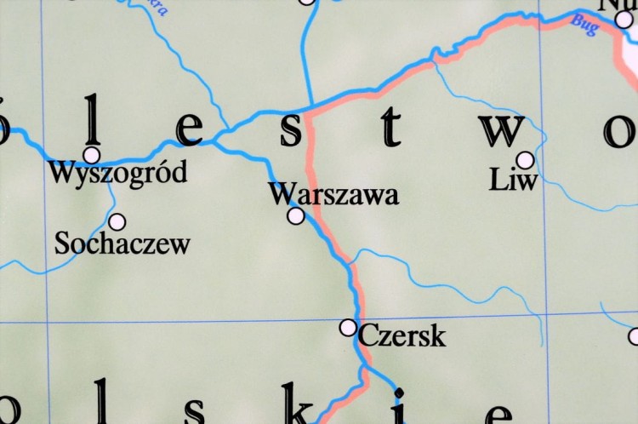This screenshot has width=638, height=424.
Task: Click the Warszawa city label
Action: pyautogui.click(x=333, y=195)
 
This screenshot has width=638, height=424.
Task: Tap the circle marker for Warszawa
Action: pyautogui.click(x=296, y=216)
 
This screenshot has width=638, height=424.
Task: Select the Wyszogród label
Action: pyautogui.click(x=117, y=175)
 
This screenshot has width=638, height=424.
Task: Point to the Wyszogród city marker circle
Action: pyautogui.click(x=91, y=155)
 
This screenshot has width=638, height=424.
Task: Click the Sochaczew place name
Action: pyautogui.click(x=122, y=244)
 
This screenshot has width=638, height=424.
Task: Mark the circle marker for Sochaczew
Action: pyautogui.click(x=117, y=222)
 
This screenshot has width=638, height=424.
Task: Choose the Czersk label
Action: pyautogui.click(x=402, y=336)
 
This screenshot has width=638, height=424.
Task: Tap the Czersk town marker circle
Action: pyautogui.click(x=348, y=327)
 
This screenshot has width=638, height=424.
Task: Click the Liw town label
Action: pyautogui.click(x=515, y=180)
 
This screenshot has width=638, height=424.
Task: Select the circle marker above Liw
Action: pyautogui.click(x=525, y=160)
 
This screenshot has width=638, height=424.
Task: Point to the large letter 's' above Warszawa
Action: pyautogui.click(x=292, y=129)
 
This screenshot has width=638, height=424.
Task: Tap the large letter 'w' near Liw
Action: pyautogui.click(x=499, y=129)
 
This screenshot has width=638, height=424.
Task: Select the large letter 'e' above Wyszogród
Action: pyautogui.click(x=190, y=130)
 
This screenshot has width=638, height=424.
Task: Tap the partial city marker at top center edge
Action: pyautogui.click(x=307, y=2)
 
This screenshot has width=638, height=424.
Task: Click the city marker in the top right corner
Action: pyautogui.click(x=624, y=20)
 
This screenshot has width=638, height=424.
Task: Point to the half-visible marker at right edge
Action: pyautogui.click(x=634, y=336)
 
